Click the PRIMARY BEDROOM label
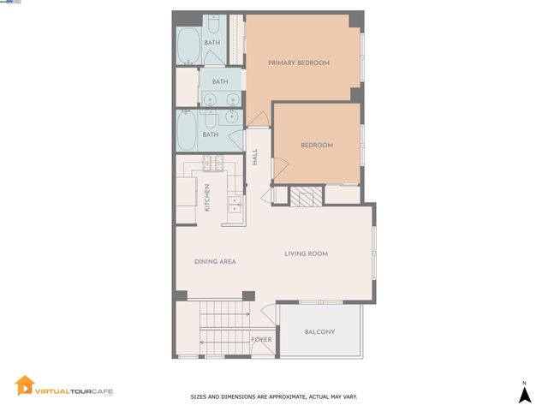click(299, 63)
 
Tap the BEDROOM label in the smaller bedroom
click(316, 146)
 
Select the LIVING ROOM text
click(306, 253)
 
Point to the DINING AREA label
click(215, 262)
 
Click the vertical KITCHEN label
click(206, 198)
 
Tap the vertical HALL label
click(254, 157)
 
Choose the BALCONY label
click(319, 332)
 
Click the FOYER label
click(261, 340)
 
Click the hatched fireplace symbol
click(303, 196)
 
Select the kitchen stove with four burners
click(211, 163)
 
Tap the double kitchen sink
click(234, 203)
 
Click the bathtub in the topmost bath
click(188, 47)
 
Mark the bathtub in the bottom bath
click(188, 131)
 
